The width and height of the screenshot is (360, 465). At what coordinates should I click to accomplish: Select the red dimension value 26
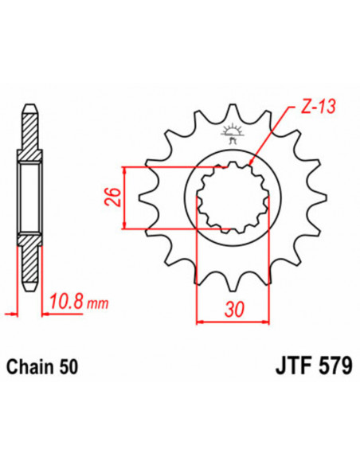pos(113,196)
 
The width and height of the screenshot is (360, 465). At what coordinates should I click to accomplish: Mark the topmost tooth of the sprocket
pos(232,113)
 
